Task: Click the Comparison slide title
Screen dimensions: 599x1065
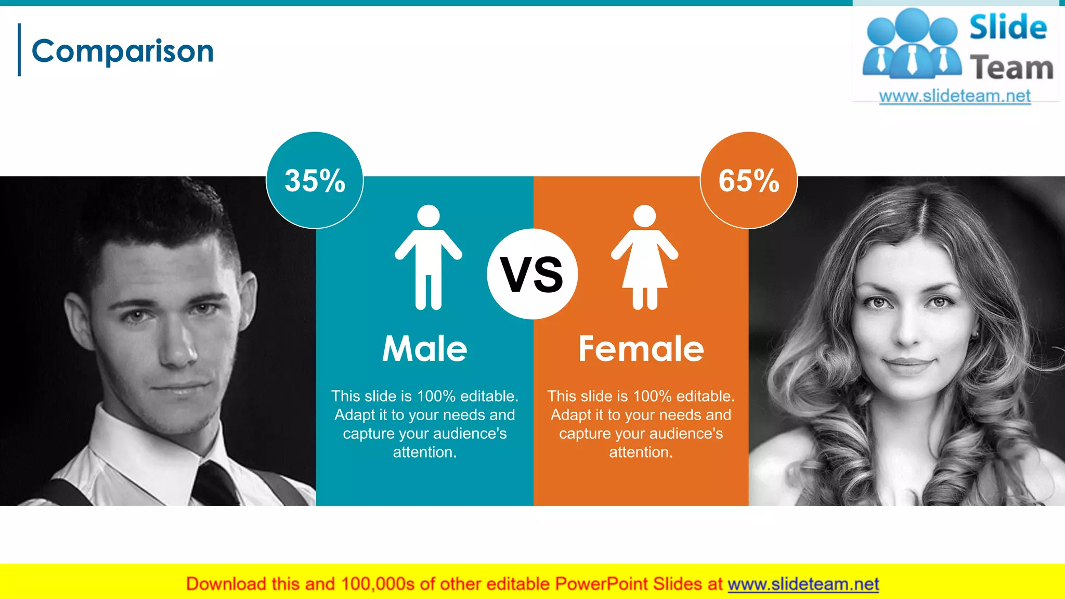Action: (x=123, y=51)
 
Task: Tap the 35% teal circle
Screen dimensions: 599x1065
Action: (x=315, y=180)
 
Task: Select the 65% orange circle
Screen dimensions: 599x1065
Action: (x=749, y=180)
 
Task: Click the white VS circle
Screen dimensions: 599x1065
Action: (x=532, y=274)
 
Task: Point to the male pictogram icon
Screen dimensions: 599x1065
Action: (x=428, y=257)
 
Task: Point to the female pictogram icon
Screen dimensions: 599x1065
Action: (x=645, y=257)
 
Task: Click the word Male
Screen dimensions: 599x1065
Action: (x=425, y=348)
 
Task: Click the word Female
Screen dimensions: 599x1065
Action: (x=641, y=348)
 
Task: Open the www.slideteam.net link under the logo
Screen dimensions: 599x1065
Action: (x=955, y=96)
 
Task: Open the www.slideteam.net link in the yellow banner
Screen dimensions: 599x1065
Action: (x=803, y=584)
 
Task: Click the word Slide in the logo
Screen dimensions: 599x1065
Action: (x=1008, y=27)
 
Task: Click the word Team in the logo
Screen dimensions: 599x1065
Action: (x=1011, y=68)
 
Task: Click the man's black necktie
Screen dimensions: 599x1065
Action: (x=216, y=484)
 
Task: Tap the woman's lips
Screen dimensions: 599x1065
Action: (x=909, y=364)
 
